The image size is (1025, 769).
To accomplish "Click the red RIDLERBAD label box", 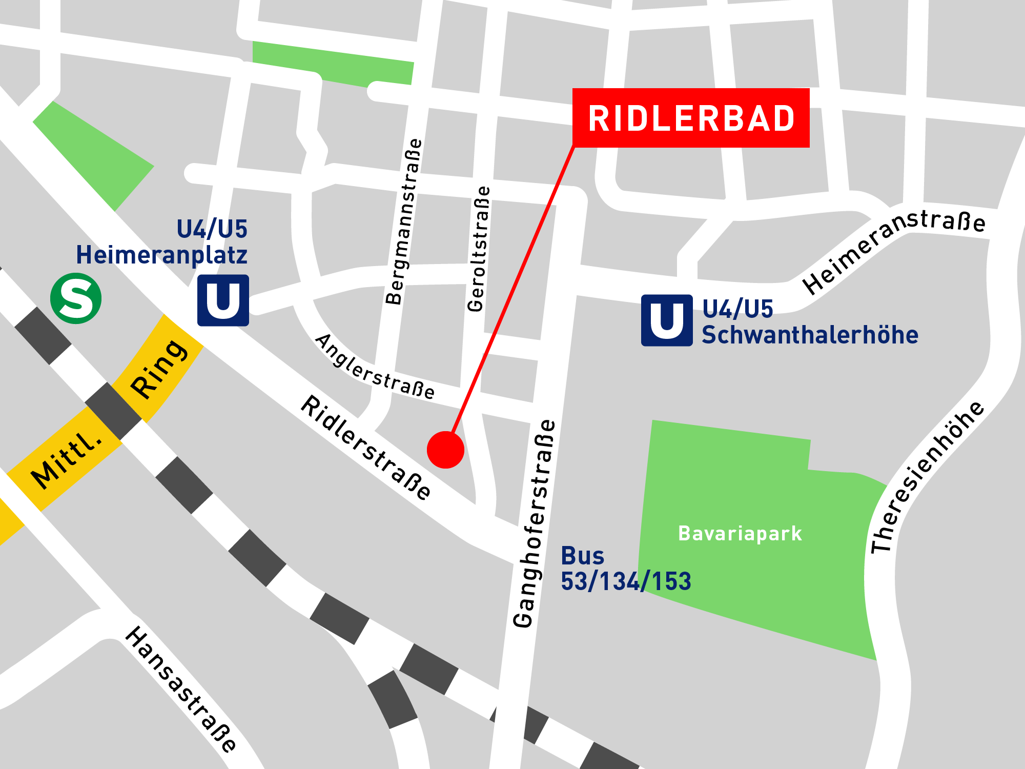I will click(x=691, y=118).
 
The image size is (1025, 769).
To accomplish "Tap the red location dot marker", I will click(x=445, y=450).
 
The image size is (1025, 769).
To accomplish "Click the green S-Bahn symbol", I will click(x=76, y=298).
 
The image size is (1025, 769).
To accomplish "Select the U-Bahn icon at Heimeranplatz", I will click(x=223, y=300).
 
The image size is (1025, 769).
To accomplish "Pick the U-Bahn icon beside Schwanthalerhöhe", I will click(x=667, y=320).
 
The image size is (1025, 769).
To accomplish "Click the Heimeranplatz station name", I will click(x=161, y=255).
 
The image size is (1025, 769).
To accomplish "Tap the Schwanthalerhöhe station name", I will click(x=810, y=335).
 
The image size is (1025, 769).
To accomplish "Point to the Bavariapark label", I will click(x=740, y=534).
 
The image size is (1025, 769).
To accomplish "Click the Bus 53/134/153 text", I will click(x=625, y=569).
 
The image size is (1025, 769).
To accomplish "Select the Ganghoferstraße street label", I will click(x=534, y=523).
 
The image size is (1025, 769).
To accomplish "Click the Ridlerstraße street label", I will click(x=366, y=448).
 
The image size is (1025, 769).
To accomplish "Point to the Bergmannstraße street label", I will click(x=404, y=221).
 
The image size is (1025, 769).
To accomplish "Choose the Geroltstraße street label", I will click(x=479, y=249).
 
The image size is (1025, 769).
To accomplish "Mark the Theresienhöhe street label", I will click(x=927, y=477).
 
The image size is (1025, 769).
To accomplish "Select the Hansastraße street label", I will click(x=181, y=689).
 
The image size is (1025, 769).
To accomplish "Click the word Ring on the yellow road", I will click(x=159, y=369).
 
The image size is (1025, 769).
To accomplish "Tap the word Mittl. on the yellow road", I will click(x=67, y=461).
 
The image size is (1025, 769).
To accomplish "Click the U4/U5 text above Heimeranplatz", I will click(x=212, y=229).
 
